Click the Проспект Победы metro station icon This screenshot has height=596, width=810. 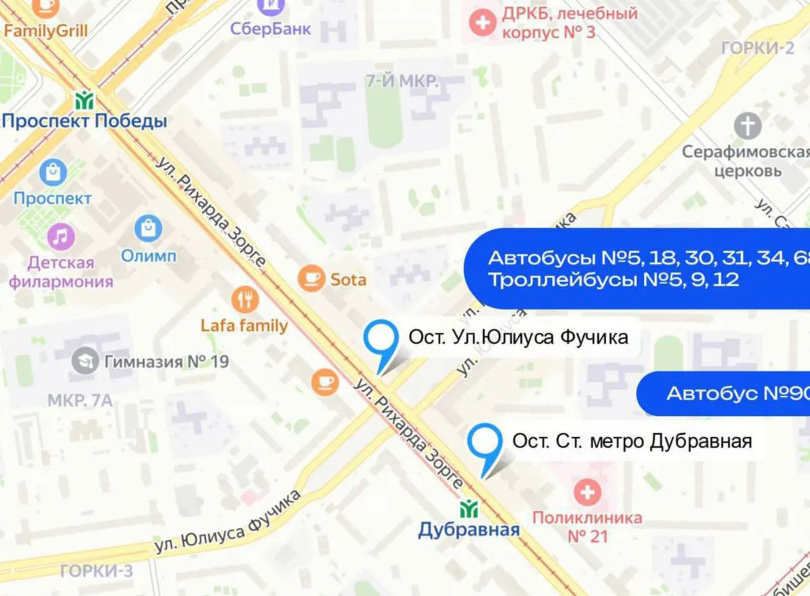pyautogui.click(x=84, y=101)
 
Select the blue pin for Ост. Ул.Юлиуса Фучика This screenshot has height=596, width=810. pyautogui.click(x=380, y=341)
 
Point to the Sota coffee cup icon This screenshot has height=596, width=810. pyautogui.click(x=313, y=278)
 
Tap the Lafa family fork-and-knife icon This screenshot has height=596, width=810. pyautogui.click(x=244, y=300)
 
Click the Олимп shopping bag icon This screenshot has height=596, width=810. pyautogui.click(x=148, y=229)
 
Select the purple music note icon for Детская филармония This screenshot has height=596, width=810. pyautogui.click(x=61, y=236)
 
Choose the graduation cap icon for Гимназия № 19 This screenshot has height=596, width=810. pyautogui.click(x=86, y=361)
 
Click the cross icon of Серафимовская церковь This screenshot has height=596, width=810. pyautogui.click(x=747, y=126)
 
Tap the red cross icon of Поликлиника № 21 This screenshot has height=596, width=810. pyautogui.click(x=587, y=493)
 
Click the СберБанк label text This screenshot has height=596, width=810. pyautogui.click(x=270, y=29)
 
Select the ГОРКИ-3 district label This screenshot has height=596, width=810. pyautogui.click(x=97, y=572)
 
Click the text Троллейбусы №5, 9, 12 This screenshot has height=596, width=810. pyautogui.click(x=614, y=279)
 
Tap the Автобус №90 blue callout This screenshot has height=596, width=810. pyautogui.click(x=726, y=394)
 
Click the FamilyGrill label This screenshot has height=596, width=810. pyautogui.click(x=45, y=30)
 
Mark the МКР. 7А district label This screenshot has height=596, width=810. pyautogui.click(x=80, y=401)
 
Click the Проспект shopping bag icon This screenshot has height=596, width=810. pyautogui.click(x=53, y=173)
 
